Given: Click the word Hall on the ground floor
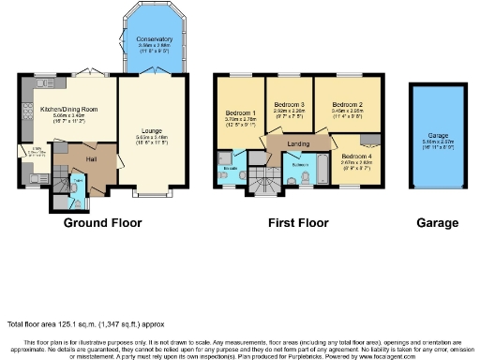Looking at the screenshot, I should point(93,159).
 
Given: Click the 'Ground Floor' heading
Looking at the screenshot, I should point(102,223).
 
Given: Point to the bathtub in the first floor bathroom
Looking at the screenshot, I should point(322,169).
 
